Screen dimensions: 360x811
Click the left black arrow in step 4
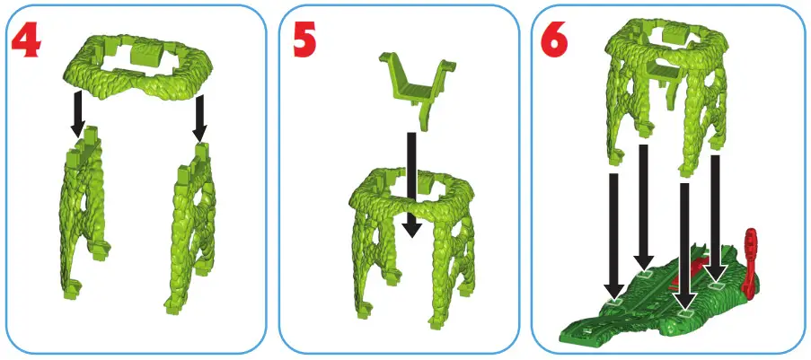78,114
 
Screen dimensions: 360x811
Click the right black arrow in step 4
200,118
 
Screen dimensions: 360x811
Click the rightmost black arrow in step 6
716,215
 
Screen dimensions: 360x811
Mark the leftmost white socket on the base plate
613,303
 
